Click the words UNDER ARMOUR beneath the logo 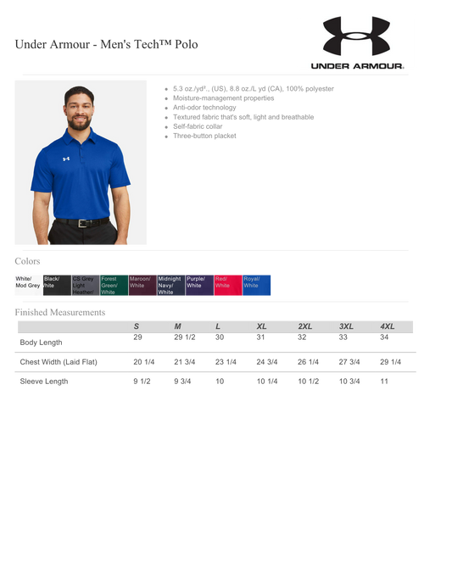click(356, 66)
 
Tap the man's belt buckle click(82, 223)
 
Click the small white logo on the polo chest click(65, 159)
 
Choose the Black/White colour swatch click(55, 285)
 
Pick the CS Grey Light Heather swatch click(84, 285)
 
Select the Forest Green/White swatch click(113, 285)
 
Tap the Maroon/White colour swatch click(142, 285)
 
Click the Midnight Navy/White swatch click(170, 285)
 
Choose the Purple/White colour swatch click(199, 285)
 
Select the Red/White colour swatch click(228, 285)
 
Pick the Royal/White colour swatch click(257, 285)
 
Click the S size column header click(137, 326)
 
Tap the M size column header click(178, 326)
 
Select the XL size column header click(261, 326)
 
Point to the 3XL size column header click(346, 326)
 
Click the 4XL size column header click(388, 326)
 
